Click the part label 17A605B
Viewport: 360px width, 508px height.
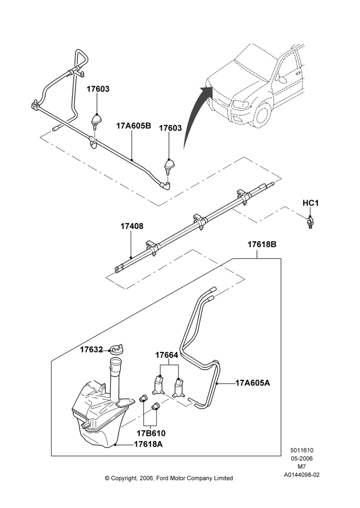(x=134, y=125)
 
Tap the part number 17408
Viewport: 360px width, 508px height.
(x=132, y=226)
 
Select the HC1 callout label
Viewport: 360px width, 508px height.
(x=310, y=203)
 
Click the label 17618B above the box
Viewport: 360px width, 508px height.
(x=262, y=244)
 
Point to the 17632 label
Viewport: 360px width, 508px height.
(x=92, y=350)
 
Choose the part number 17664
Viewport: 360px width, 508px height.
(x=167, y=355)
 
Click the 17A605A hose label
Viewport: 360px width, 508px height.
(x=253, y=383)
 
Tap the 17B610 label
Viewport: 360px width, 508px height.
(x=151, y=433)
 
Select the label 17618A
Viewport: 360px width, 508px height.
(x=148, y=444)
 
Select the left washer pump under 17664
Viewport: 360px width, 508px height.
(x=158, y=385)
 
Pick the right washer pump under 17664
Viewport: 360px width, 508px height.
(x=178, y=388)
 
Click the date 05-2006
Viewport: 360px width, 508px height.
(x=302, y=458)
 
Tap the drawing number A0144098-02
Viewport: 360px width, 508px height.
(x=302, y=475)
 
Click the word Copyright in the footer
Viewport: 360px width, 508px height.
(x=125, y=478)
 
